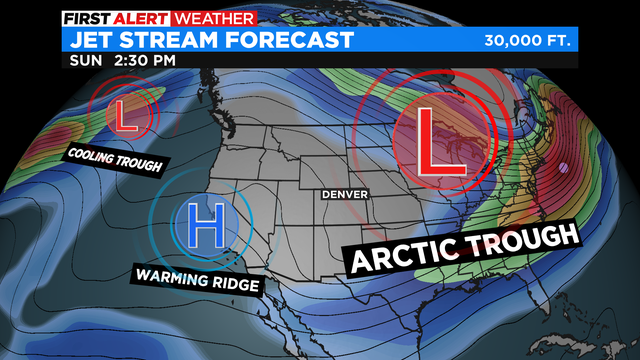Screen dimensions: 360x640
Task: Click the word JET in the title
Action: pos(90,40)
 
